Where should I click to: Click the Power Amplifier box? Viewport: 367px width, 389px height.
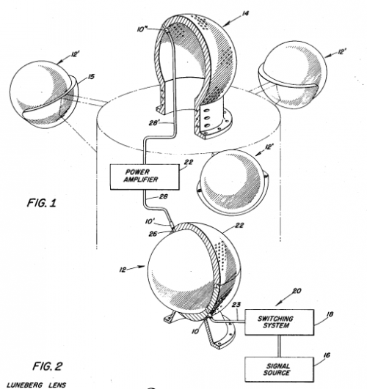tap(145, 177)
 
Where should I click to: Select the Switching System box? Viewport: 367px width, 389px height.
tap(279, 322)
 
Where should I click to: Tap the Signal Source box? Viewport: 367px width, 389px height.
tap(279, 369)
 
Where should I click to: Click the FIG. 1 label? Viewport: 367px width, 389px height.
tap(42, 203)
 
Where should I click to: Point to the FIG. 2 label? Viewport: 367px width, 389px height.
tap(47, 366)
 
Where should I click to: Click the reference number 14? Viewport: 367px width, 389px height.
tap(244, 13)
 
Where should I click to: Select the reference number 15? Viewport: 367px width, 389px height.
tap(91, 76)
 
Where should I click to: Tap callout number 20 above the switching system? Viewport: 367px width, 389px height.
tap(297, 291)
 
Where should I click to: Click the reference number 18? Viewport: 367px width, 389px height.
tap(330, 314)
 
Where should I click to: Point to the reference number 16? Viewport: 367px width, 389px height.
tap(327, 355)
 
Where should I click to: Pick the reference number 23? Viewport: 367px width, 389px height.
tap(236, 305)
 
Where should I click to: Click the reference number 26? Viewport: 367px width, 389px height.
tap(153, 234)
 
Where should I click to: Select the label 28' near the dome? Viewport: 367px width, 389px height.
tap(154, 122)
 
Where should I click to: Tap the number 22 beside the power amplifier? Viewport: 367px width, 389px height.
tap(189, 162)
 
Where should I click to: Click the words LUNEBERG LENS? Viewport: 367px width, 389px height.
tap(36, 385)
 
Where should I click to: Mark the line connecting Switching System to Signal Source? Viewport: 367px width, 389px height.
tap(279, 346)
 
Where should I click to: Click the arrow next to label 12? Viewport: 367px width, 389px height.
tap(137, 267)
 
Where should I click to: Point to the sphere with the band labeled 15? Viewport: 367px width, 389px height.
tap(44, 95)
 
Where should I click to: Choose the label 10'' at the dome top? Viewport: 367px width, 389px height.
tap(142, 29)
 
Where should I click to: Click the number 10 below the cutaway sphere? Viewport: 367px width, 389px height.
tap(195, 331)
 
